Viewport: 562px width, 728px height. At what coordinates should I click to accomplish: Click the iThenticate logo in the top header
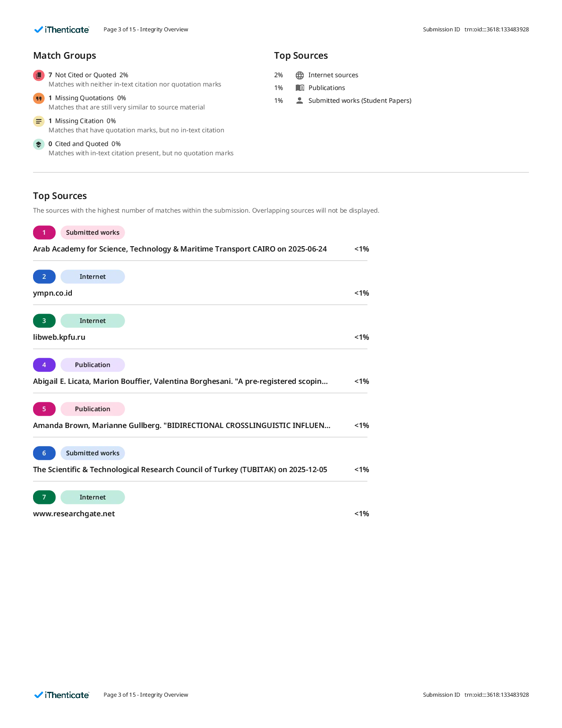62,30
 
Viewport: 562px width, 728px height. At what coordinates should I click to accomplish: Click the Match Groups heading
65,55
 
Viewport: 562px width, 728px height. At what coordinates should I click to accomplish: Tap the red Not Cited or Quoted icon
39,75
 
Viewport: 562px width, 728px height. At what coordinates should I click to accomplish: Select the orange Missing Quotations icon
39,98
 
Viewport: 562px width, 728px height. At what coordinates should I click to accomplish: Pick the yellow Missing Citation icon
39,121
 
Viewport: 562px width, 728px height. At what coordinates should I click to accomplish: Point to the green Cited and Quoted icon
39,144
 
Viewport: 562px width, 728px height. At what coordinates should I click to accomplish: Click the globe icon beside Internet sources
300,75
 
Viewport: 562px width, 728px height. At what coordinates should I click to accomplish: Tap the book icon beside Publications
300,88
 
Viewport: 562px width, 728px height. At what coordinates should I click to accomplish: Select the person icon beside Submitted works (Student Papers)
300,101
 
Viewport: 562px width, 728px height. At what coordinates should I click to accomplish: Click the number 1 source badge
44,233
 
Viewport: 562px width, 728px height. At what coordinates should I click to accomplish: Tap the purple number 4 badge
44,365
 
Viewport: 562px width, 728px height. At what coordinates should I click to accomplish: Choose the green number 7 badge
44,497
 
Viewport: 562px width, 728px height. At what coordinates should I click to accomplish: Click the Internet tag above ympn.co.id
93,277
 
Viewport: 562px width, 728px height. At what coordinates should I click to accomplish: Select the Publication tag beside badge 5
93,409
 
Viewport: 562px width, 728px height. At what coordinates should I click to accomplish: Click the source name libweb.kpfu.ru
59,337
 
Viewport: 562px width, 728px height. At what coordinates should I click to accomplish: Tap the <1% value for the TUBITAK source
361,469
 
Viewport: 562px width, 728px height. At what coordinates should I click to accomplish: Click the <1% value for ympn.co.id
361,293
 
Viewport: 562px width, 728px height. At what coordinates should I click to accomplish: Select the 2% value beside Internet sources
279,75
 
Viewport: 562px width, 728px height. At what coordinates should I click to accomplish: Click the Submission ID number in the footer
496,695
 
